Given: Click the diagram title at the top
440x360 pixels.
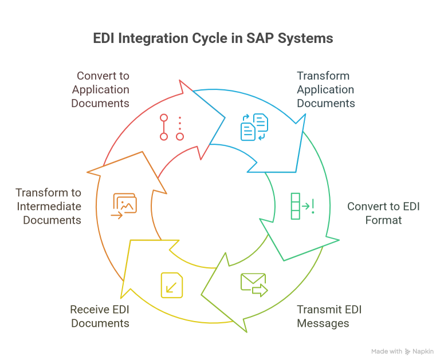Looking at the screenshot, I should click(212, 39).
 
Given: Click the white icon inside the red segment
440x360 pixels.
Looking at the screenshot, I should click(172, 123).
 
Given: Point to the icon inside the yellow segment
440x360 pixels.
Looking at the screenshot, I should click(175, 283).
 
